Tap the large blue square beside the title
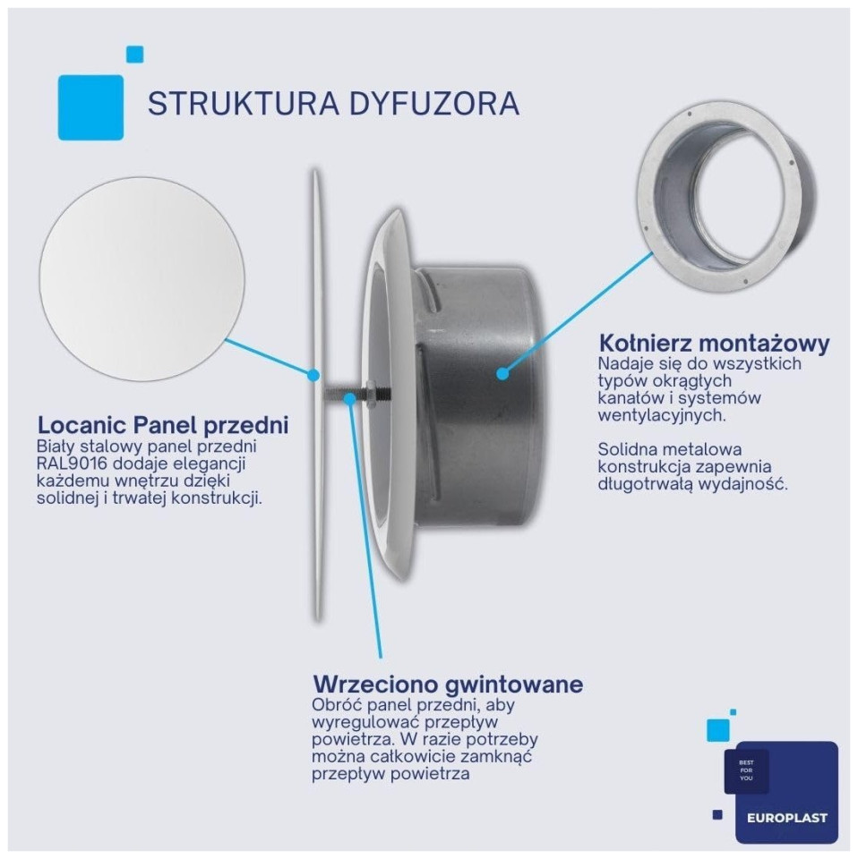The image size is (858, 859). pos(91,107)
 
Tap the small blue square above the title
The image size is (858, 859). pos(135,55)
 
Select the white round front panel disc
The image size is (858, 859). pos(142,279)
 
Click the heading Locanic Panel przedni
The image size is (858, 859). pos(163,425)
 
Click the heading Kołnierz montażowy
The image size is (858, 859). pos(715,344)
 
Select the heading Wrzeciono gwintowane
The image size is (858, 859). pos(448,685)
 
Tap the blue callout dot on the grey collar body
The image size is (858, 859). pos(502,374)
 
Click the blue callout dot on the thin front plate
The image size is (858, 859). pos(313,375)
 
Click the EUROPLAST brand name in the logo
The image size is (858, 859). pos(786,819)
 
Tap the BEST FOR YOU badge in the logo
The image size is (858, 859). pos(746,770)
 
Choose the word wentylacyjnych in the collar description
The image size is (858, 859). pos(662,415)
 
